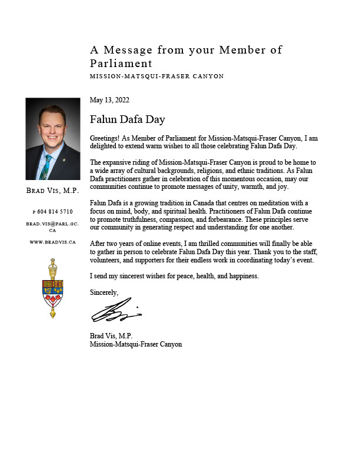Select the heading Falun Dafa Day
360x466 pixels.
[x=127, y=119]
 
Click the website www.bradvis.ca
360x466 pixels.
[x=53, y=242]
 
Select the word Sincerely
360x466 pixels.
[x=104, y=292]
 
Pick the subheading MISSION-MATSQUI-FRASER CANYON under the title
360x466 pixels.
[x=156, y=76]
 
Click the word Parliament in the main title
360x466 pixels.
[x=121, y=64]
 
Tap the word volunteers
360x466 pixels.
[x=106, y=260]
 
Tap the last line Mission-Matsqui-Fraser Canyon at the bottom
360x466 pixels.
[x=135, y=344]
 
